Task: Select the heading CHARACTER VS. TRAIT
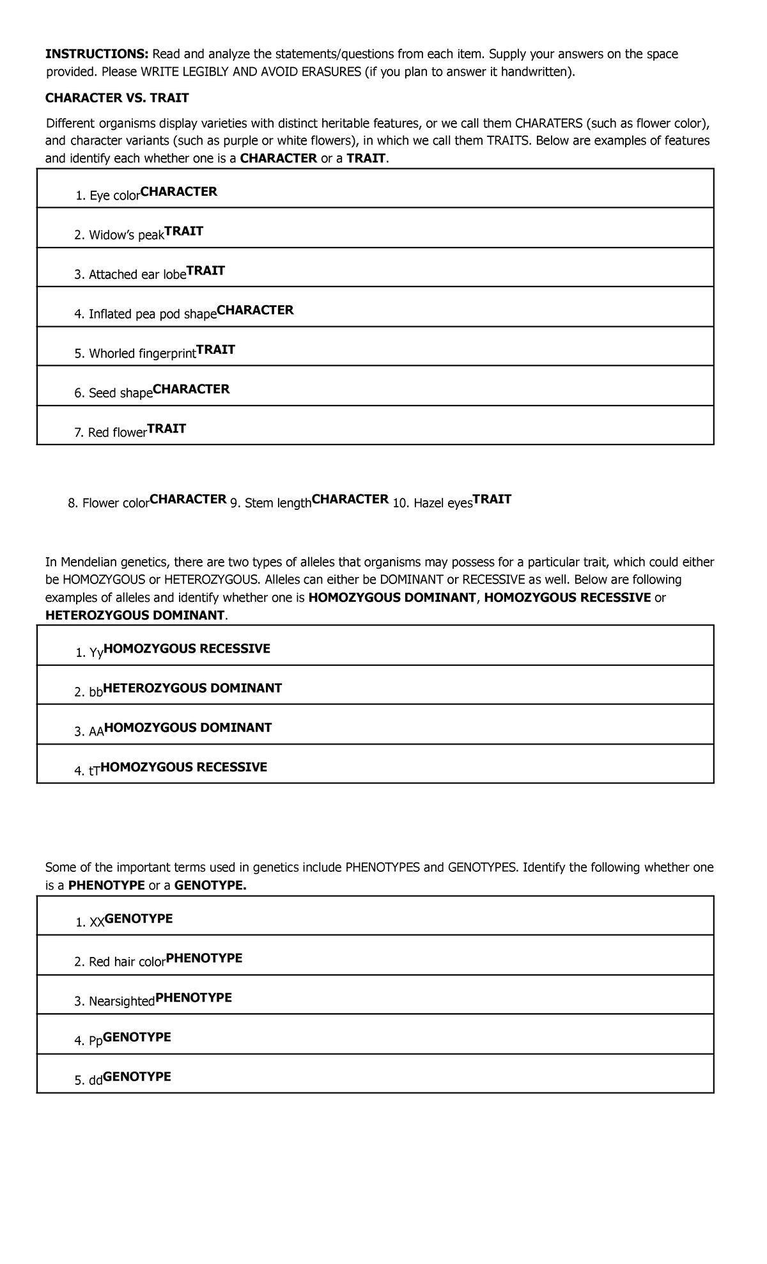point(117,98)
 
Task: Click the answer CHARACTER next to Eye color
point(179,192)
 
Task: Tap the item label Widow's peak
point(126,235)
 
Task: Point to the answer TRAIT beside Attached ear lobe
point(206,271)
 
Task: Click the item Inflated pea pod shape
point(152,315)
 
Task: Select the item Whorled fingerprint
point(142,354)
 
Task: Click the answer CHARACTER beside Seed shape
point(191,390)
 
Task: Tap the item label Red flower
point(117,433)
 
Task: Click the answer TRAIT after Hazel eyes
point(492,500)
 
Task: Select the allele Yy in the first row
point(96,653)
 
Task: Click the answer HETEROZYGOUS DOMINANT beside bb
point(192,689)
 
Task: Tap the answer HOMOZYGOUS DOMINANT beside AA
point(188,728)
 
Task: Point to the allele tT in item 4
point(94,771)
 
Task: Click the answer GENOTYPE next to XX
point(139,919)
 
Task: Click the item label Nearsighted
point(121,1002)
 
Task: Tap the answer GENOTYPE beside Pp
point(137,1038)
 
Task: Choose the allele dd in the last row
point(95,1081)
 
